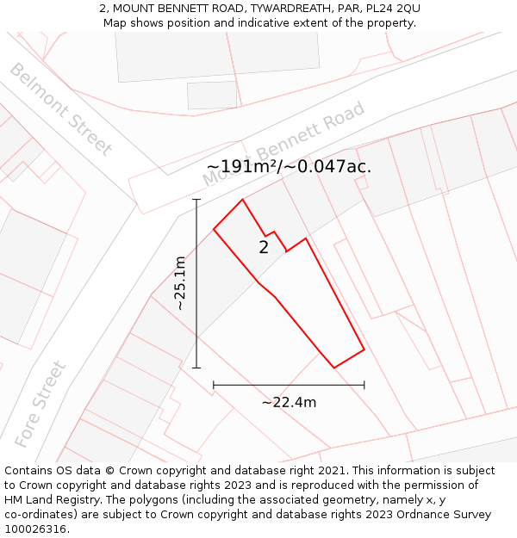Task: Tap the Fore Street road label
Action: point(40,403)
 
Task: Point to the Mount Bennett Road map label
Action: point(284,144)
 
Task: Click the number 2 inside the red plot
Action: point(264,248)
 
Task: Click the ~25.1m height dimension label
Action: point(179,283)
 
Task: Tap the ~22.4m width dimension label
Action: point(289,402)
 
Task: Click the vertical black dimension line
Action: point(196,283)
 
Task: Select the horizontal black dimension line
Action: point(289,385)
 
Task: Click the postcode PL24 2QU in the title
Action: point(393,8)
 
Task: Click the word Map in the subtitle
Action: point(115,22)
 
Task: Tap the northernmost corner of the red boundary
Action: point(242,200)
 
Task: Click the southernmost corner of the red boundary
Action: point(334,368)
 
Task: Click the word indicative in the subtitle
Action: point(259,22)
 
